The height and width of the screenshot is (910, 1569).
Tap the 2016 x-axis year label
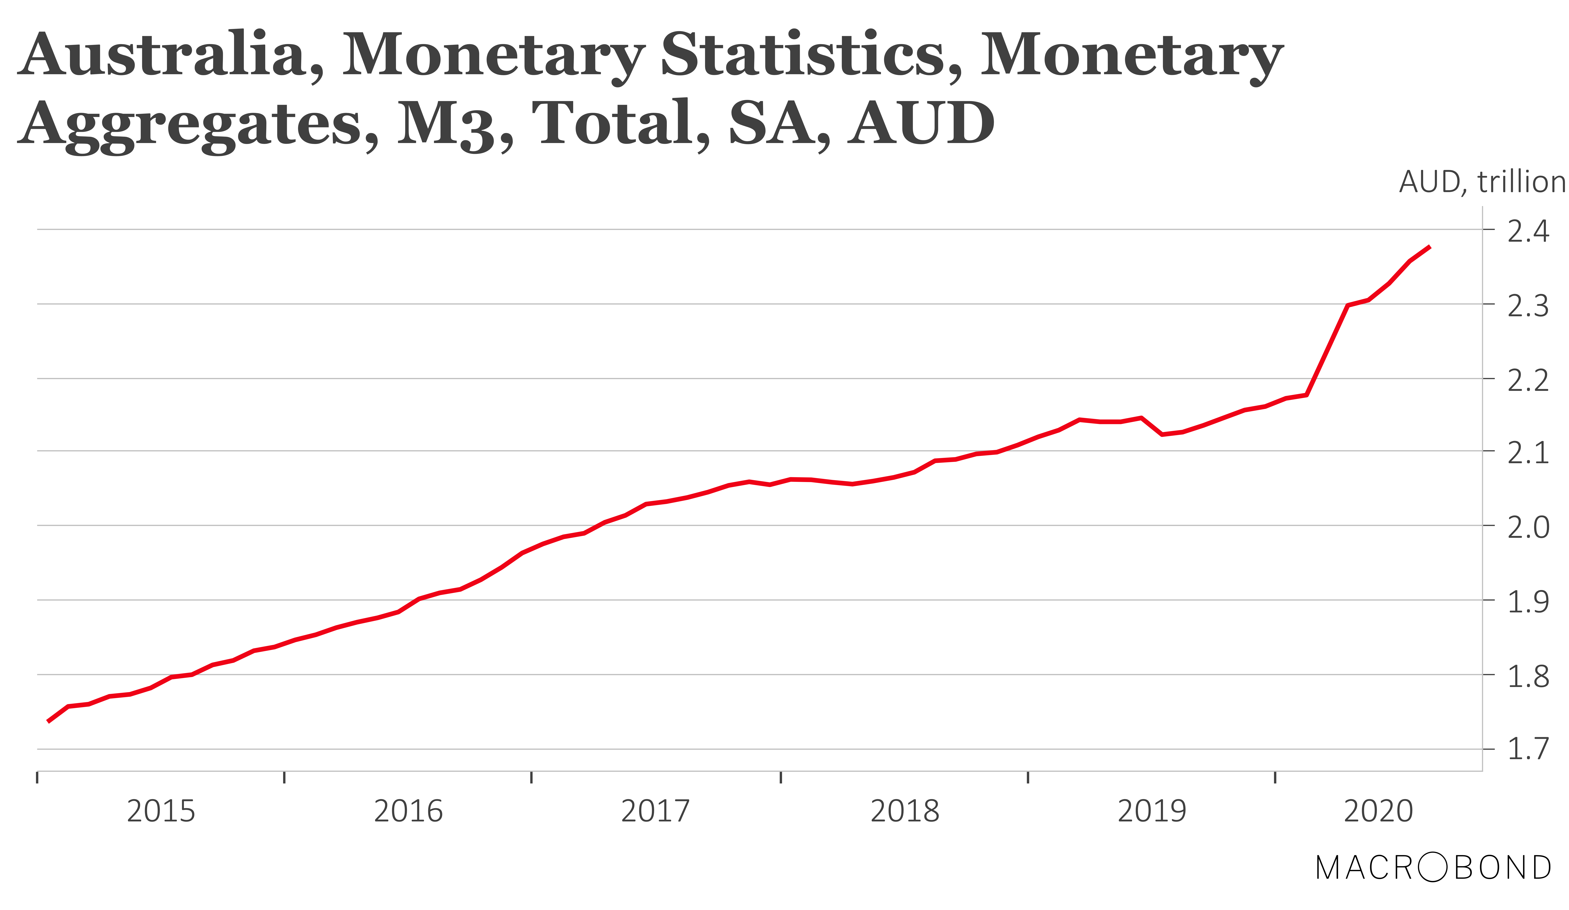[408, 812]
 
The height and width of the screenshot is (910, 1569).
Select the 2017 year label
[656, 812]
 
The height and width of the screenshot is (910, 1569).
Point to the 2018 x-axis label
[905, 812]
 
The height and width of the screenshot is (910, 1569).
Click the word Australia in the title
[163, 55]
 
